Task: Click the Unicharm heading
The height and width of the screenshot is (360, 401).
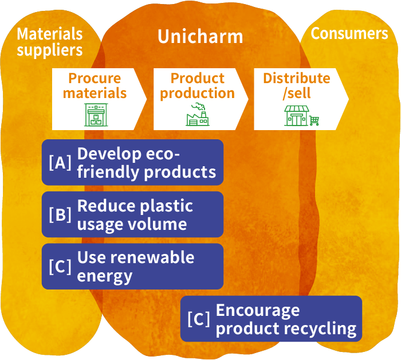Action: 200,37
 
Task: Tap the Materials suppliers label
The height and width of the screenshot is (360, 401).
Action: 50,42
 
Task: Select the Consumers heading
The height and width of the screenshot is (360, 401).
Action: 349,34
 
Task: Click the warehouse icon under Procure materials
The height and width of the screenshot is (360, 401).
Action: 96,115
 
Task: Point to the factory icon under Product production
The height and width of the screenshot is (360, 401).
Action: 198,115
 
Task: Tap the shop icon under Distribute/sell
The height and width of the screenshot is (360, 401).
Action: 296,115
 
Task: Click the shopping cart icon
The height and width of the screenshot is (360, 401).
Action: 314,120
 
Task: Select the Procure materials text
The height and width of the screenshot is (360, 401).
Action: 95,85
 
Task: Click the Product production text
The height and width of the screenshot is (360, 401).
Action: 197,85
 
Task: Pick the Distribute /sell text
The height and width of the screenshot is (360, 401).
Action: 297,85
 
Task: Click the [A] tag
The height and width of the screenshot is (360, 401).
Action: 60,163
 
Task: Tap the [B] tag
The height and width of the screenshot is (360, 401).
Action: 60,214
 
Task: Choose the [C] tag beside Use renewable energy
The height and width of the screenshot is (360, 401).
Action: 60,267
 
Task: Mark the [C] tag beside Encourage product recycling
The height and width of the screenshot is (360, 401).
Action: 198,319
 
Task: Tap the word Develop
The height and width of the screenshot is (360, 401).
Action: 109,154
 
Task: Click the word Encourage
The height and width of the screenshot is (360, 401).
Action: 257,311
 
